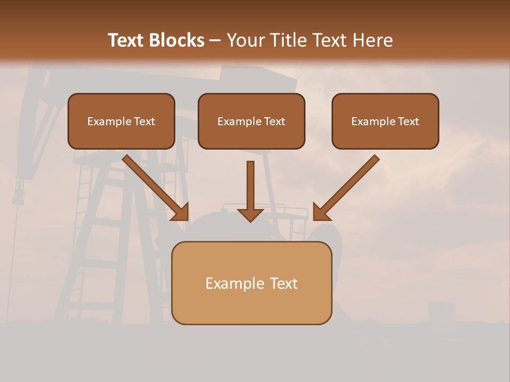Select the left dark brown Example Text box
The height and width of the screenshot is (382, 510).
(x=121, y=121)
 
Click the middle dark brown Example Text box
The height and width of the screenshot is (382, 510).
(x=251, y=121)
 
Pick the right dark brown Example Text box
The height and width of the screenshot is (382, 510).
(x=385, y=121)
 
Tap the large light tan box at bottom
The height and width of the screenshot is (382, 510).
(x=251, y=283)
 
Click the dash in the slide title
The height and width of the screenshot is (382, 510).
(x=215, y=41)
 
